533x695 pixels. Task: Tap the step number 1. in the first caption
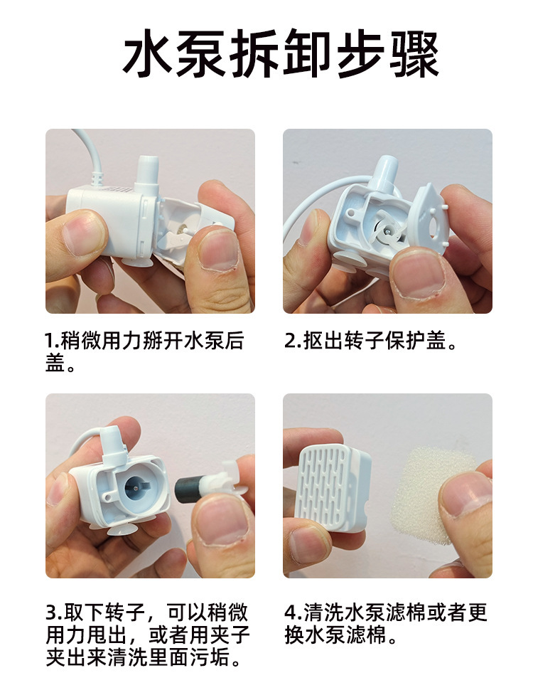tap(53, 341)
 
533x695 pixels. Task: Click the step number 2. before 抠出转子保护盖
tap(292, 341)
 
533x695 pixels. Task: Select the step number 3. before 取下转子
tap(54, 613)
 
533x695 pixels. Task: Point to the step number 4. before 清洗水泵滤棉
tap(293, 613)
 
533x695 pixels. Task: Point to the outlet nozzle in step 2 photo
tap(386, 174)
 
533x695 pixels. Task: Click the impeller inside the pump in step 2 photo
tap(387, 231)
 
